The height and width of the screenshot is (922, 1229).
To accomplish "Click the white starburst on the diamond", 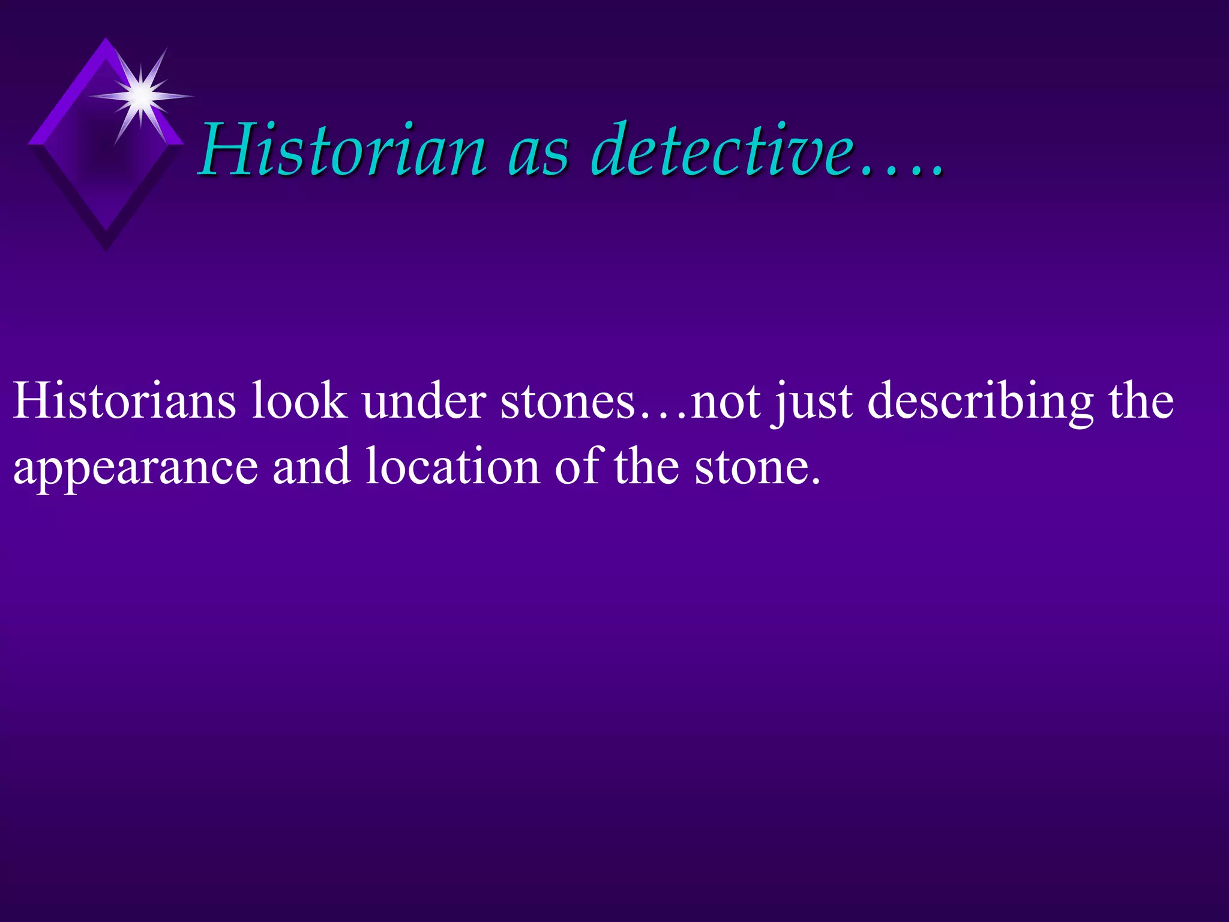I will pos(141,95).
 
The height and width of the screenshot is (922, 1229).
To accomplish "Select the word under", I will pos(424,400).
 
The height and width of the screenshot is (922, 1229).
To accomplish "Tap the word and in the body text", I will pos(311,466).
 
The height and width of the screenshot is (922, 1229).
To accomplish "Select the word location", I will pos(453,466).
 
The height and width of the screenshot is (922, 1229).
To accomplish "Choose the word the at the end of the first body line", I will pos(1140,400).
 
